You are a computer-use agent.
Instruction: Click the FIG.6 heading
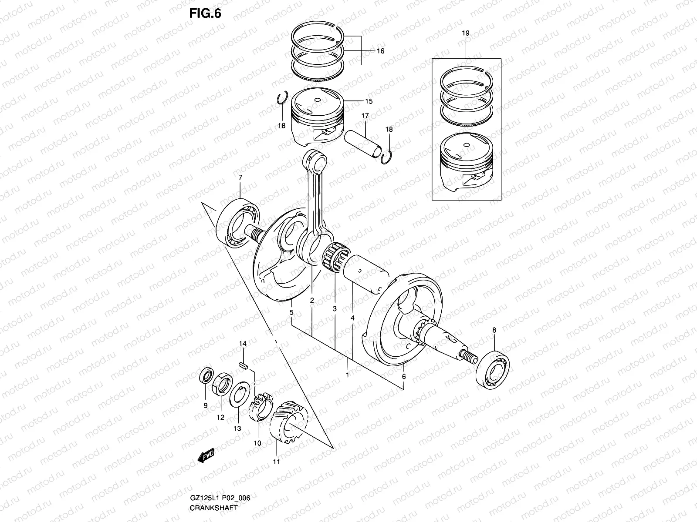coord(205,14)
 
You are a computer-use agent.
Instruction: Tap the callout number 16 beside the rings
coord(380,51)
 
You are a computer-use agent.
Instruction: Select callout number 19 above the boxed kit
coord(465,33)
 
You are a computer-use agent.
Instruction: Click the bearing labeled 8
coord(493,368)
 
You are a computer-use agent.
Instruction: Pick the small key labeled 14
coord(245,365)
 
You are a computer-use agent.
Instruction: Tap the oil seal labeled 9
coord(206,376)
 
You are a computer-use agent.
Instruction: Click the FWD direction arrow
coord(206,456)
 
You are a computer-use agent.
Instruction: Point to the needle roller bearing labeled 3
coord(336,259)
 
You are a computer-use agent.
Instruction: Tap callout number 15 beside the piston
coord(369,102)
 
